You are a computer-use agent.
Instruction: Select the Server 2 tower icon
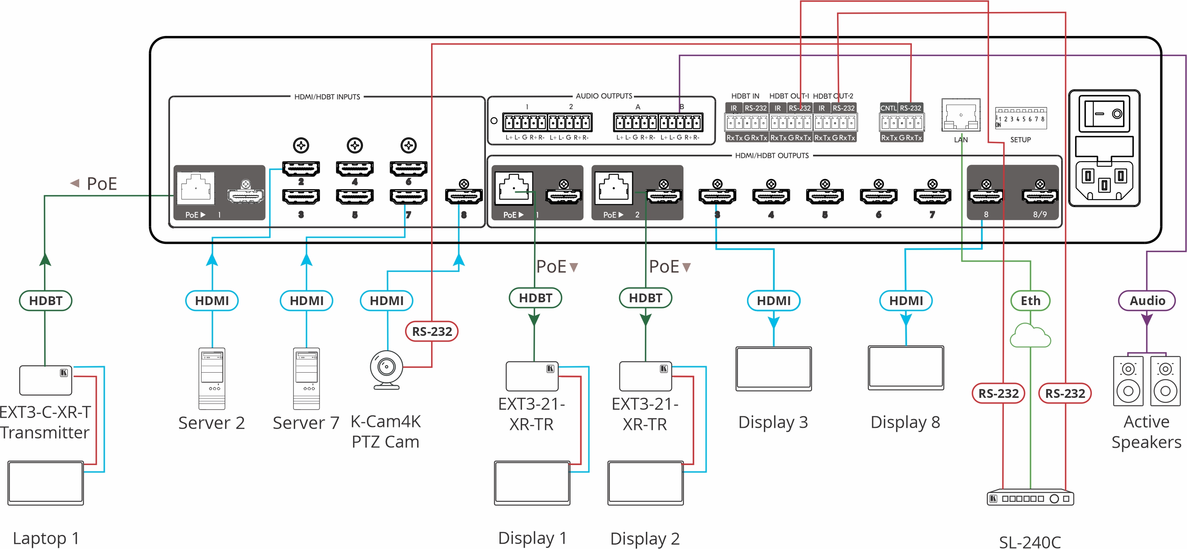(212, 378)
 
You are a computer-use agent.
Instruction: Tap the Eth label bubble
(1030, 301)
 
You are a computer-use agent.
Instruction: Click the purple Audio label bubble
(1147, 301)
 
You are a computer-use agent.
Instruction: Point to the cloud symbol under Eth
(1030, 336)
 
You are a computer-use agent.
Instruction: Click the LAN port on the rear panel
(961, 116)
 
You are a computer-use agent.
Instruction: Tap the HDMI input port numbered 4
(354, 169)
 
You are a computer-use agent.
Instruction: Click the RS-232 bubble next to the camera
(432, 331)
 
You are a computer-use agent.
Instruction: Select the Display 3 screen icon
(773, 368)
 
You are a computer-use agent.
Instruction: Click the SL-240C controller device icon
(1030, 498)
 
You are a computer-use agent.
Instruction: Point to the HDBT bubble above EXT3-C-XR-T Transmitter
(46, 301)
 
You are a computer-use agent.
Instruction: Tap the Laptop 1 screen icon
(46, 483)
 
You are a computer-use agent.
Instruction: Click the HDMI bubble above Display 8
(906, 301)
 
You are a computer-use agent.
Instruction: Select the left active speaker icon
(1128, 381)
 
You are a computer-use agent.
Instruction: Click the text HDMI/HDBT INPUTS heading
(327, 97)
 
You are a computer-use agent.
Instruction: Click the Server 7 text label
(306, 423)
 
